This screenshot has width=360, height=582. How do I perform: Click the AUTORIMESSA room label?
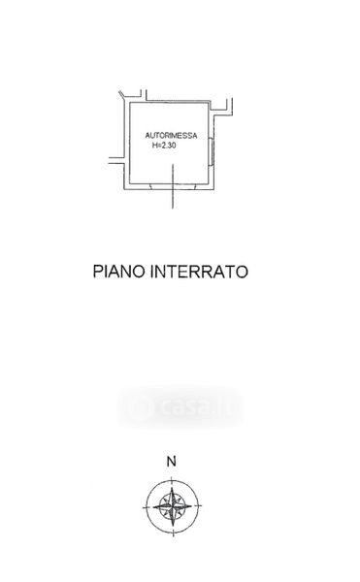171,136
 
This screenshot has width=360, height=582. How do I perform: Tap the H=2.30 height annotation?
164,145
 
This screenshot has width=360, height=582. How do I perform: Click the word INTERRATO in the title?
199,272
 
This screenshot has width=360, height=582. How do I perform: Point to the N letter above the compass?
171,462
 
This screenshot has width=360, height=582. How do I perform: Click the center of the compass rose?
173,506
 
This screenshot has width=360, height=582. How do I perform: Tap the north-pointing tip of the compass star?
173,488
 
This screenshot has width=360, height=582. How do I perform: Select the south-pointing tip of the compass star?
173,526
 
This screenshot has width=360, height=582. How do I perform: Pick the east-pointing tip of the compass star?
192,506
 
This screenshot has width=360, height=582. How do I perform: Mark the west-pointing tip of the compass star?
153,506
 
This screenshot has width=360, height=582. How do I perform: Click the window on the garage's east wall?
212,151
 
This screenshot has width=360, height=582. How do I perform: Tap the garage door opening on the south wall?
173,186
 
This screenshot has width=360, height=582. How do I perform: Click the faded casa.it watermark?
180,407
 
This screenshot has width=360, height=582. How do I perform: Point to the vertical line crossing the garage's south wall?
173,186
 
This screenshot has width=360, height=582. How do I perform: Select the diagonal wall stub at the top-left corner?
123,96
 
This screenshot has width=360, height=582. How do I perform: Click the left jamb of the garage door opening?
150,186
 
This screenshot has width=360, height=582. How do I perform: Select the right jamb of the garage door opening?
195,186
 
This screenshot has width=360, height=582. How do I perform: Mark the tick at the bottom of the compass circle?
173,533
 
